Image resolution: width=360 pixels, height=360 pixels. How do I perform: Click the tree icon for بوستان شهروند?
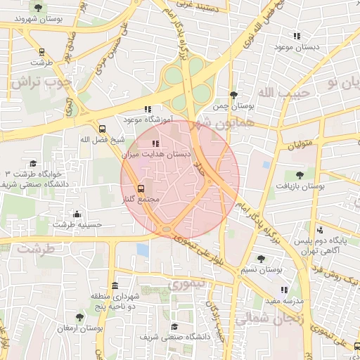tap(37, 8)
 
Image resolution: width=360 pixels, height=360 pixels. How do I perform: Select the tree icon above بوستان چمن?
tap(233, 94)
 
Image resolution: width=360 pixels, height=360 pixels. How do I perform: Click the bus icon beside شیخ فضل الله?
tap(103, 129)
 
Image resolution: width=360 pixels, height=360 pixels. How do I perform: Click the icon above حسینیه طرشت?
tap(77, 214)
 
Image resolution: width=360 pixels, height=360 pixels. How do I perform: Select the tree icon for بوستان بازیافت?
tap(300, 174)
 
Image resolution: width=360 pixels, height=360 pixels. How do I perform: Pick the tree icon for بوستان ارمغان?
tap(79, 317)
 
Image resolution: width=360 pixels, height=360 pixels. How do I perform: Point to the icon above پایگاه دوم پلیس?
tap(320, 229)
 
